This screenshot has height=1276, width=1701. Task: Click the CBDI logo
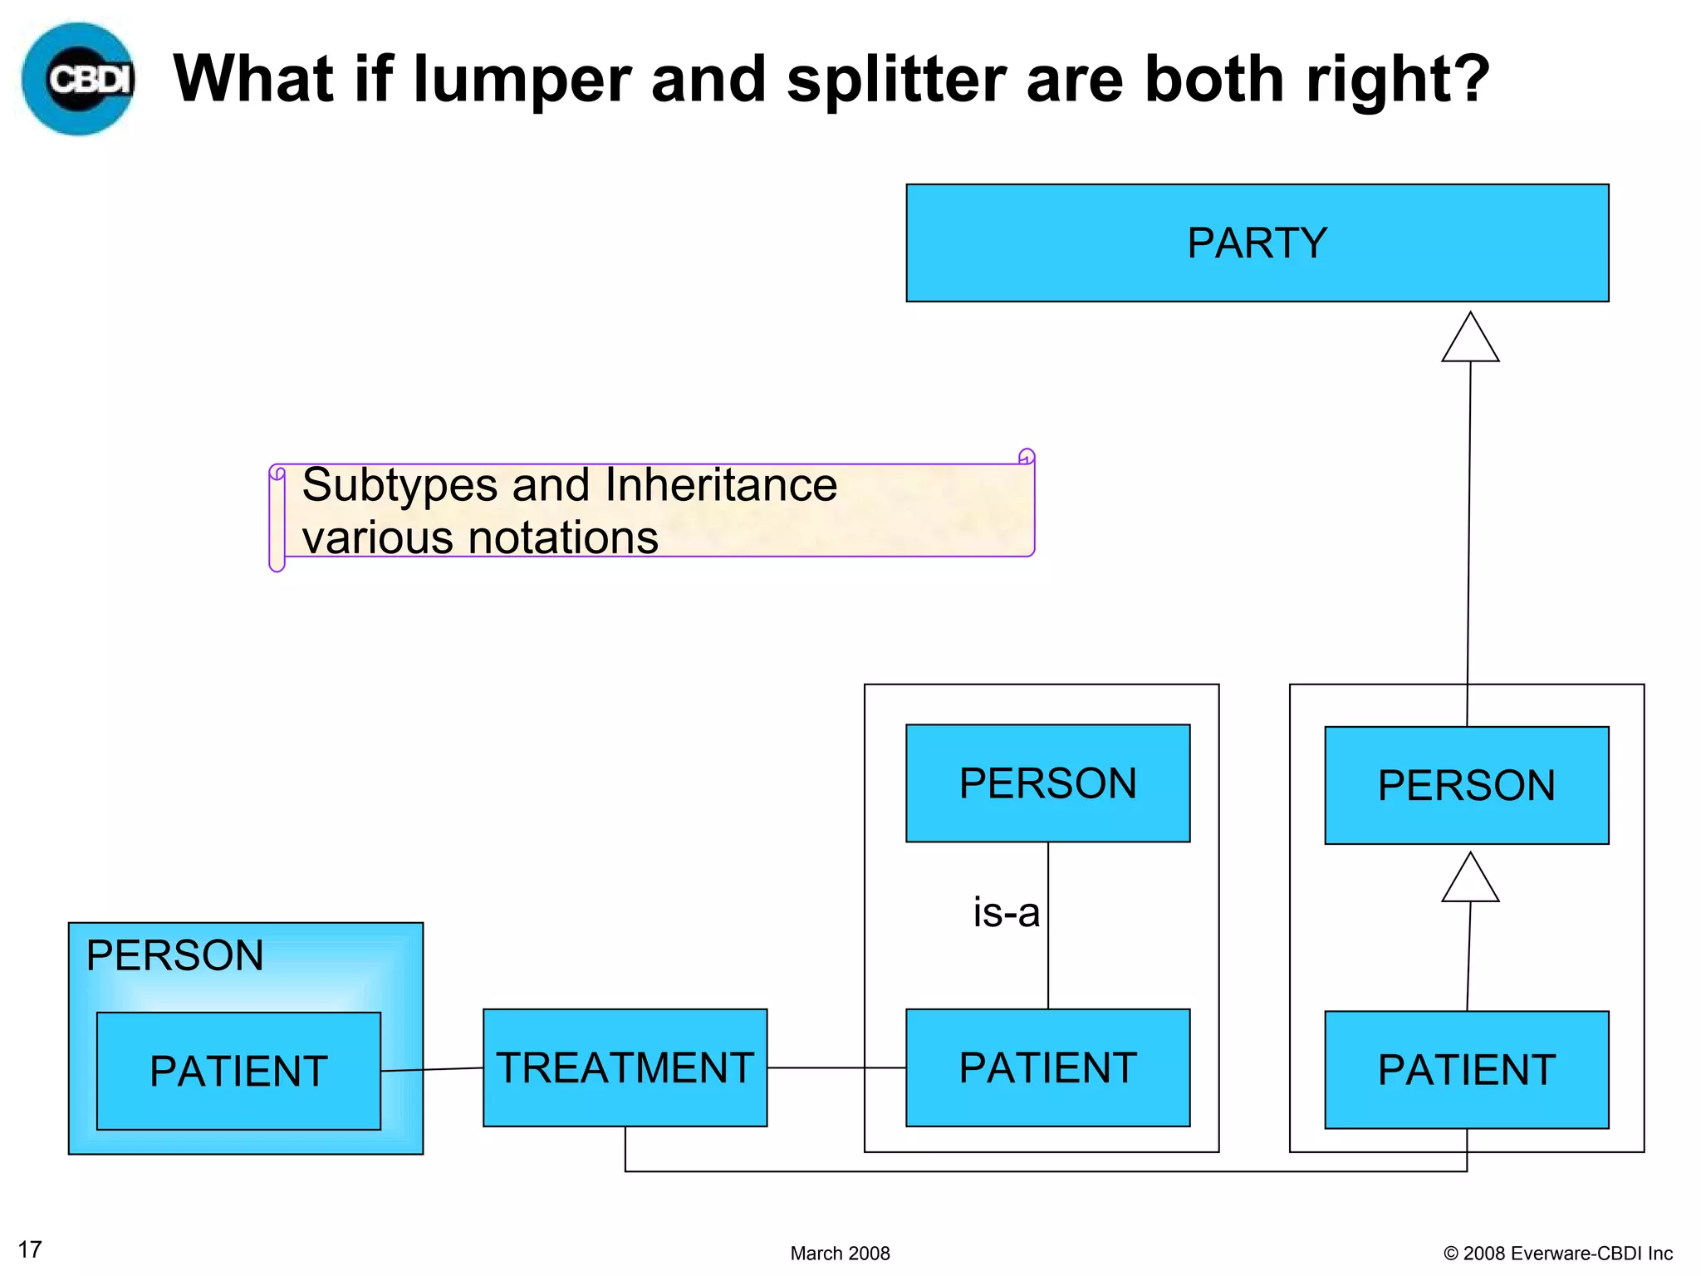coord(79,79)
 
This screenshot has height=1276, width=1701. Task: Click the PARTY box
coord(1257,243)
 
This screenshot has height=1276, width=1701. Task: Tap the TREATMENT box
coord(625,1067)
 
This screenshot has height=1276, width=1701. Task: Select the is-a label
coord(1006,913)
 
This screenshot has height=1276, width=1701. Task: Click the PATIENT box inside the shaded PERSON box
coord(238,1071)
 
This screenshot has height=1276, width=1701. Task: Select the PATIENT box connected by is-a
coord(1047,1067)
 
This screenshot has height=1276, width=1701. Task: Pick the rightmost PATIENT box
coord(1466,1070)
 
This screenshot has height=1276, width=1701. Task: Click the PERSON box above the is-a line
coord(1047,783)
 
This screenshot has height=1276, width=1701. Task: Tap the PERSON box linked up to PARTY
coord(1466,785)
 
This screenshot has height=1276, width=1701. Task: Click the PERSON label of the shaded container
coord(174,955)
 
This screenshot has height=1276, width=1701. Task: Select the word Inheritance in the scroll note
coord(721,485)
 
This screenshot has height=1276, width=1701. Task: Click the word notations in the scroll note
coord(564,537)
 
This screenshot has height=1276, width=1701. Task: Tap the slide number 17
coord(30,1249)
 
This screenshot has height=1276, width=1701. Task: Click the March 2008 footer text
coord(840,1253)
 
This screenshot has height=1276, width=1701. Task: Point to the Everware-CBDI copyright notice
coord(1557,1253)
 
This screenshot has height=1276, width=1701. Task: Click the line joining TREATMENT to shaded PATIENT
coord(432,1069)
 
